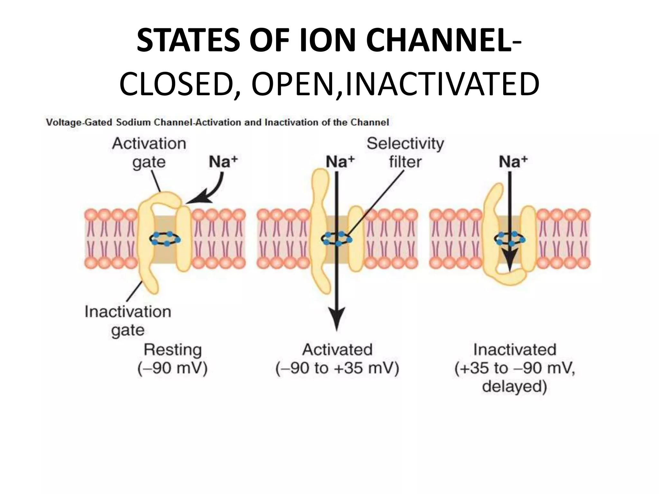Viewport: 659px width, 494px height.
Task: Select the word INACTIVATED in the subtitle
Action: (x=442, y=85)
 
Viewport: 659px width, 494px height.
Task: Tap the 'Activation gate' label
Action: (x=149, y=152)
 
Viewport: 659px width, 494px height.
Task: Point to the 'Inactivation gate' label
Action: (x=128, y=321)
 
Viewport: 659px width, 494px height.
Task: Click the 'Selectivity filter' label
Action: (x=405, y=152)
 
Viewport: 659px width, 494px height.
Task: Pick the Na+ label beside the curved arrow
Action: (x=223, y=162)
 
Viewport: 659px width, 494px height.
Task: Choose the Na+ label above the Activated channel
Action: (x=340, y=162)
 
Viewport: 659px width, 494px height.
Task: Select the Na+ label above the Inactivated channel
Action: (x=513, y=162)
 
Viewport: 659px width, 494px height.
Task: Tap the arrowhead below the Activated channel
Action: (x=337, y=318)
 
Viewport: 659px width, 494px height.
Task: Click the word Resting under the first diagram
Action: (x=172, y=350)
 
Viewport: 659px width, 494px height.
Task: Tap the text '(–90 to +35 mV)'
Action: (x=337, y=368)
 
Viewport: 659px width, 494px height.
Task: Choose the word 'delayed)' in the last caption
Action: (x=515, y=386)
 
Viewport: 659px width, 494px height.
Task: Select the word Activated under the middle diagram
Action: (x=337, y=350)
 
